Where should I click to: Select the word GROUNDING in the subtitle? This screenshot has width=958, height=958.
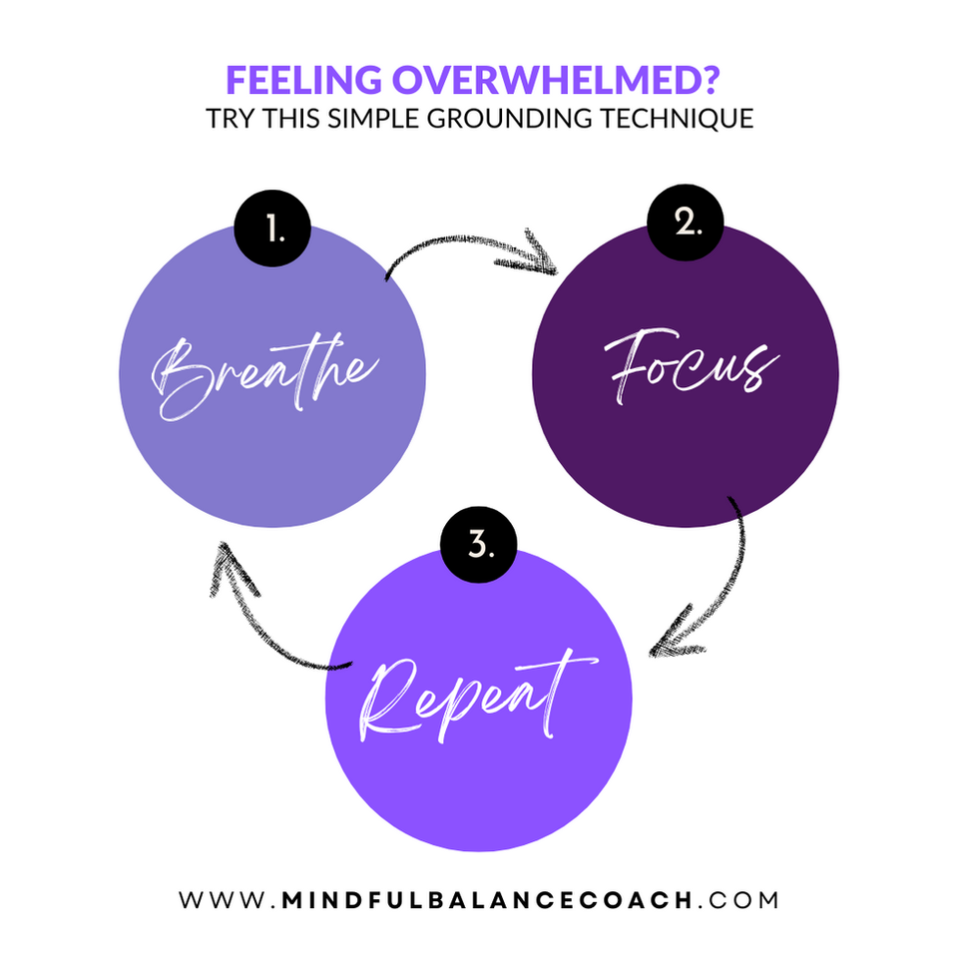click(501, 118)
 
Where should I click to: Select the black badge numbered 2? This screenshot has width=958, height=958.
click(686, 224)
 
